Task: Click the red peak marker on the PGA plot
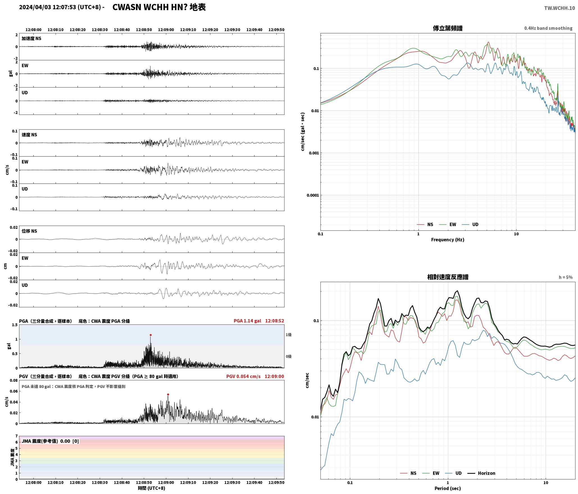[151, 335]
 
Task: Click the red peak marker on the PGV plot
[168, 394]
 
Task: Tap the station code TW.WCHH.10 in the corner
[559, 8]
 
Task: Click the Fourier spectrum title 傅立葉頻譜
[448, 28]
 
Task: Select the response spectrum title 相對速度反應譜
[448, 277]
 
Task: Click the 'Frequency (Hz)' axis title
[448, 240]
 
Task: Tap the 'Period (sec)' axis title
[448, 488]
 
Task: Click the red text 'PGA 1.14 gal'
[247, 321]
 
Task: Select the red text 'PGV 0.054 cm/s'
[243, 376]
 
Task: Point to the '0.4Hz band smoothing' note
[548, 28]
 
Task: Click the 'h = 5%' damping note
[565, 277]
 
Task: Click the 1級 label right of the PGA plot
[289, 335]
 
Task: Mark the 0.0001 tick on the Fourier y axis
[312, 195]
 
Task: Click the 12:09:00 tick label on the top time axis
[166, 30]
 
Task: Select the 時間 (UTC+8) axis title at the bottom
[152, 488]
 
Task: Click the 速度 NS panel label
[29, 135]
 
